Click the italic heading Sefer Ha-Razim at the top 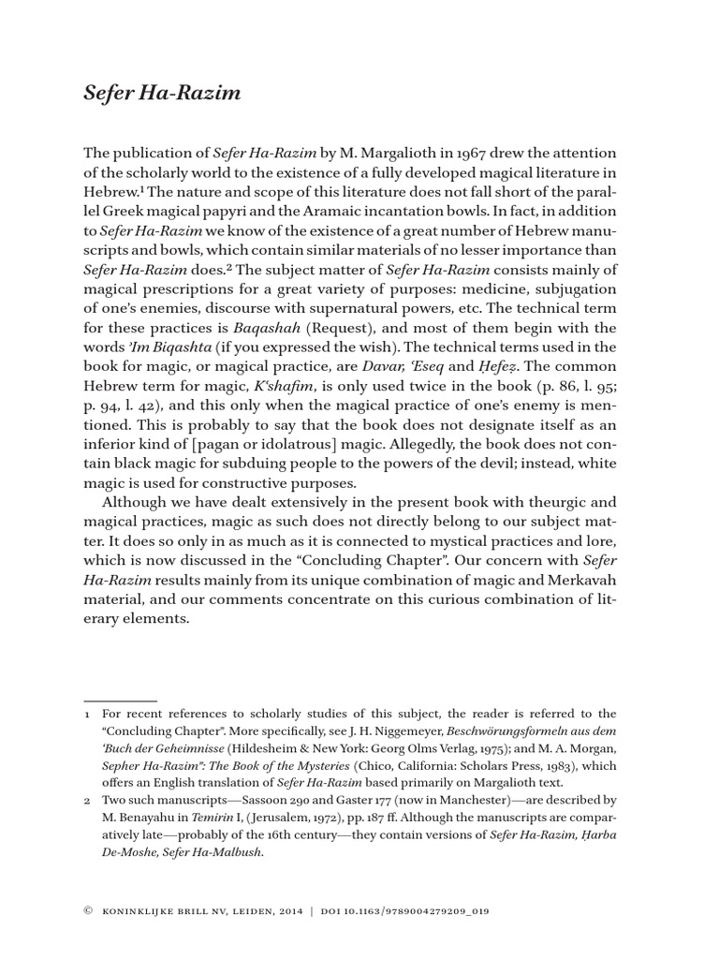163,94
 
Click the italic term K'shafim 269,386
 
